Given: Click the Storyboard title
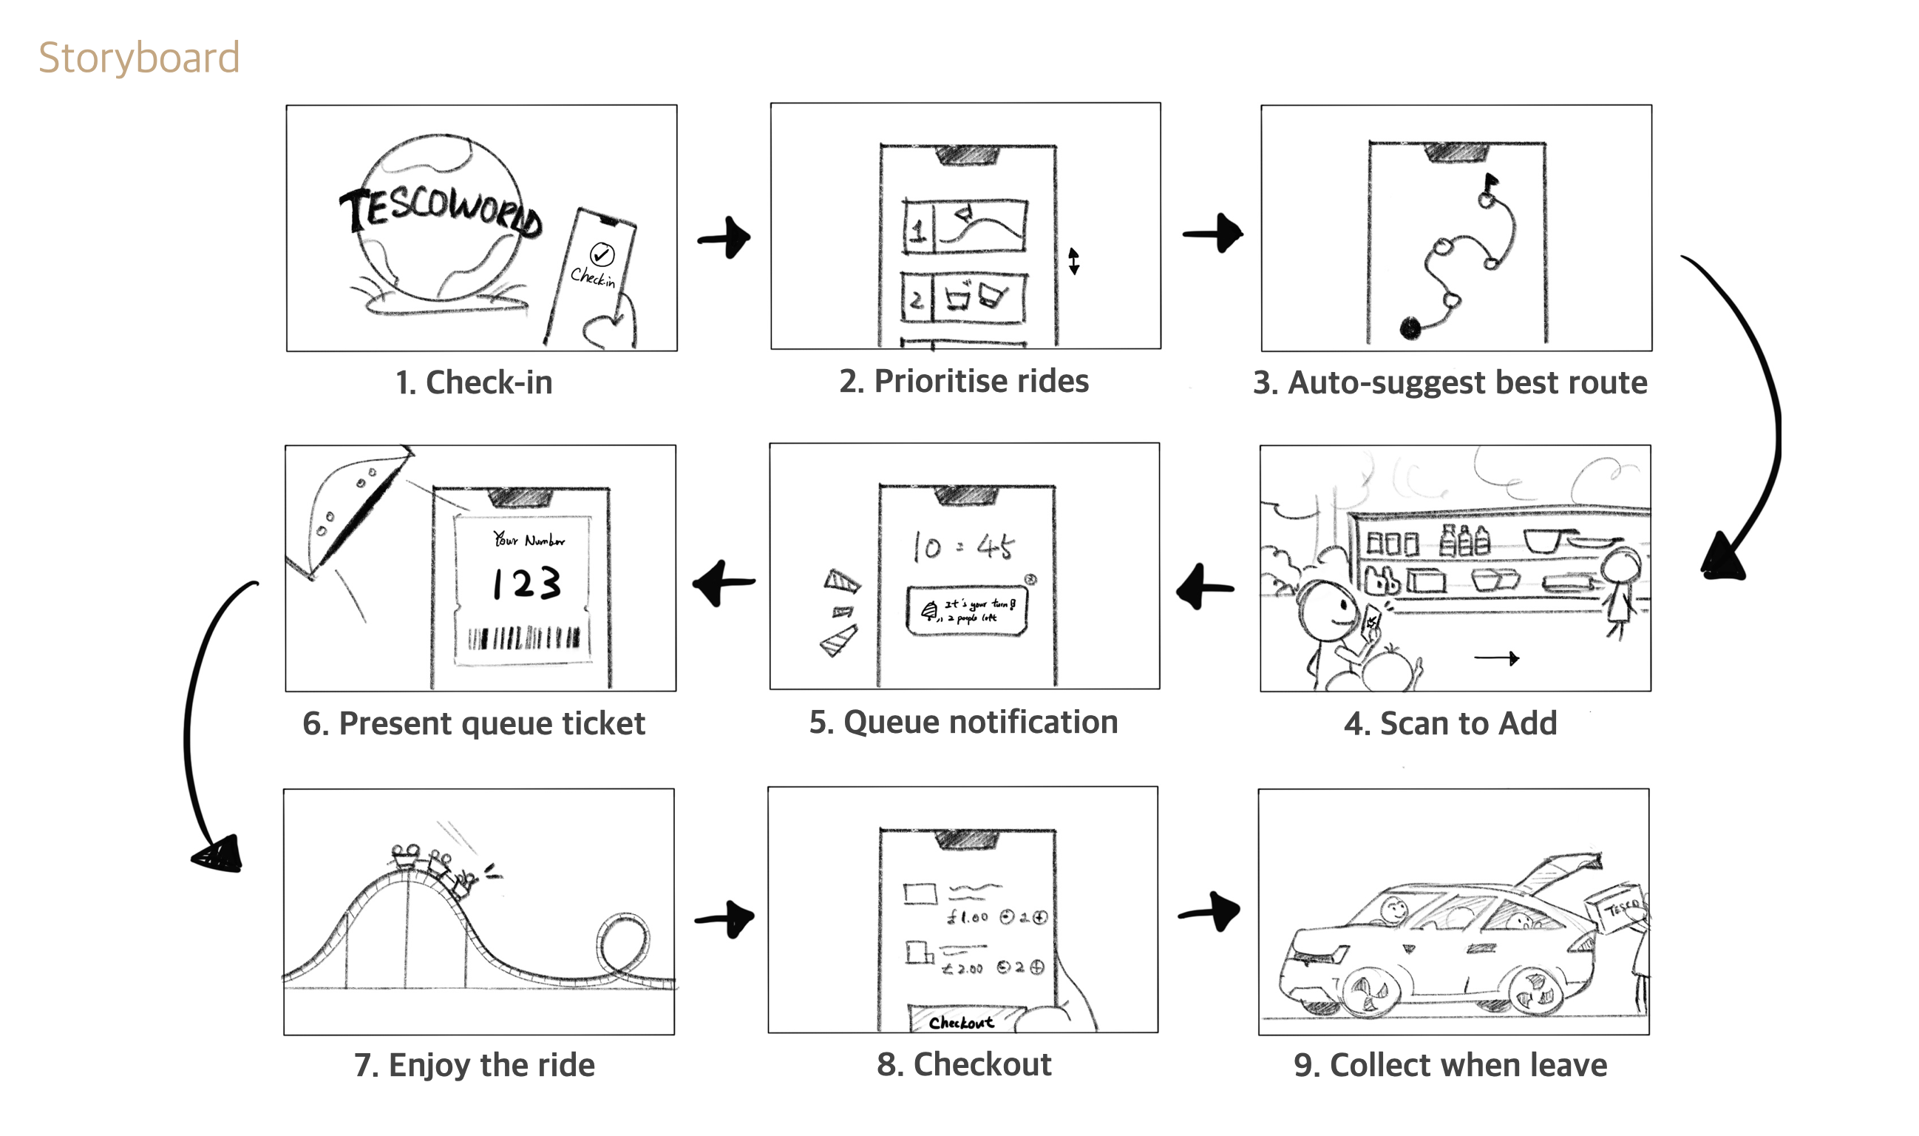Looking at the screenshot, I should coord(139,58).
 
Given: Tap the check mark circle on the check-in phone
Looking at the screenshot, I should coord(602,254).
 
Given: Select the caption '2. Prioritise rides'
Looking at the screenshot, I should coord(963,381).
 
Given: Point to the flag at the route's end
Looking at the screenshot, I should coord(1490,182).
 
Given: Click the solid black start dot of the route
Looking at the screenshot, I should coord(1410,328).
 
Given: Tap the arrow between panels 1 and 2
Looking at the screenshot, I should coord(724,238).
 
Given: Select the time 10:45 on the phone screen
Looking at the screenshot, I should coord(963,547).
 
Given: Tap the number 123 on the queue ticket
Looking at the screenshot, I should coord(526,584).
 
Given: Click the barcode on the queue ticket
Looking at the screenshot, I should coord(524,638).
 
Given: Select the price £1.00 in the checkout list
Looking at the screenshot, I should coord(967,916).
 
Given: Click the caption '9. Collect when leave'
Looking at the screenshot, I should coord(1450,1065).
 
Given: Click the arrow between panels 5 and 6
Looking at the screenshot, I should coord(723,584).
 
